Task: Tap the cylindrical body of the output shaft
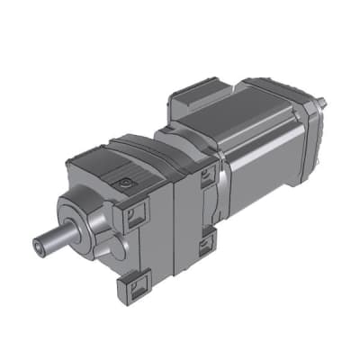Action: pyautogui.click(x=54, y=240)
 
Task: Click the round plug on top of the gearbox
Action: pyautogui.click(x=125, y=183)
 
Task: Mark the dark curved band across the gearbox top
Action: pyautogui.click(x=144, y=148)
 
